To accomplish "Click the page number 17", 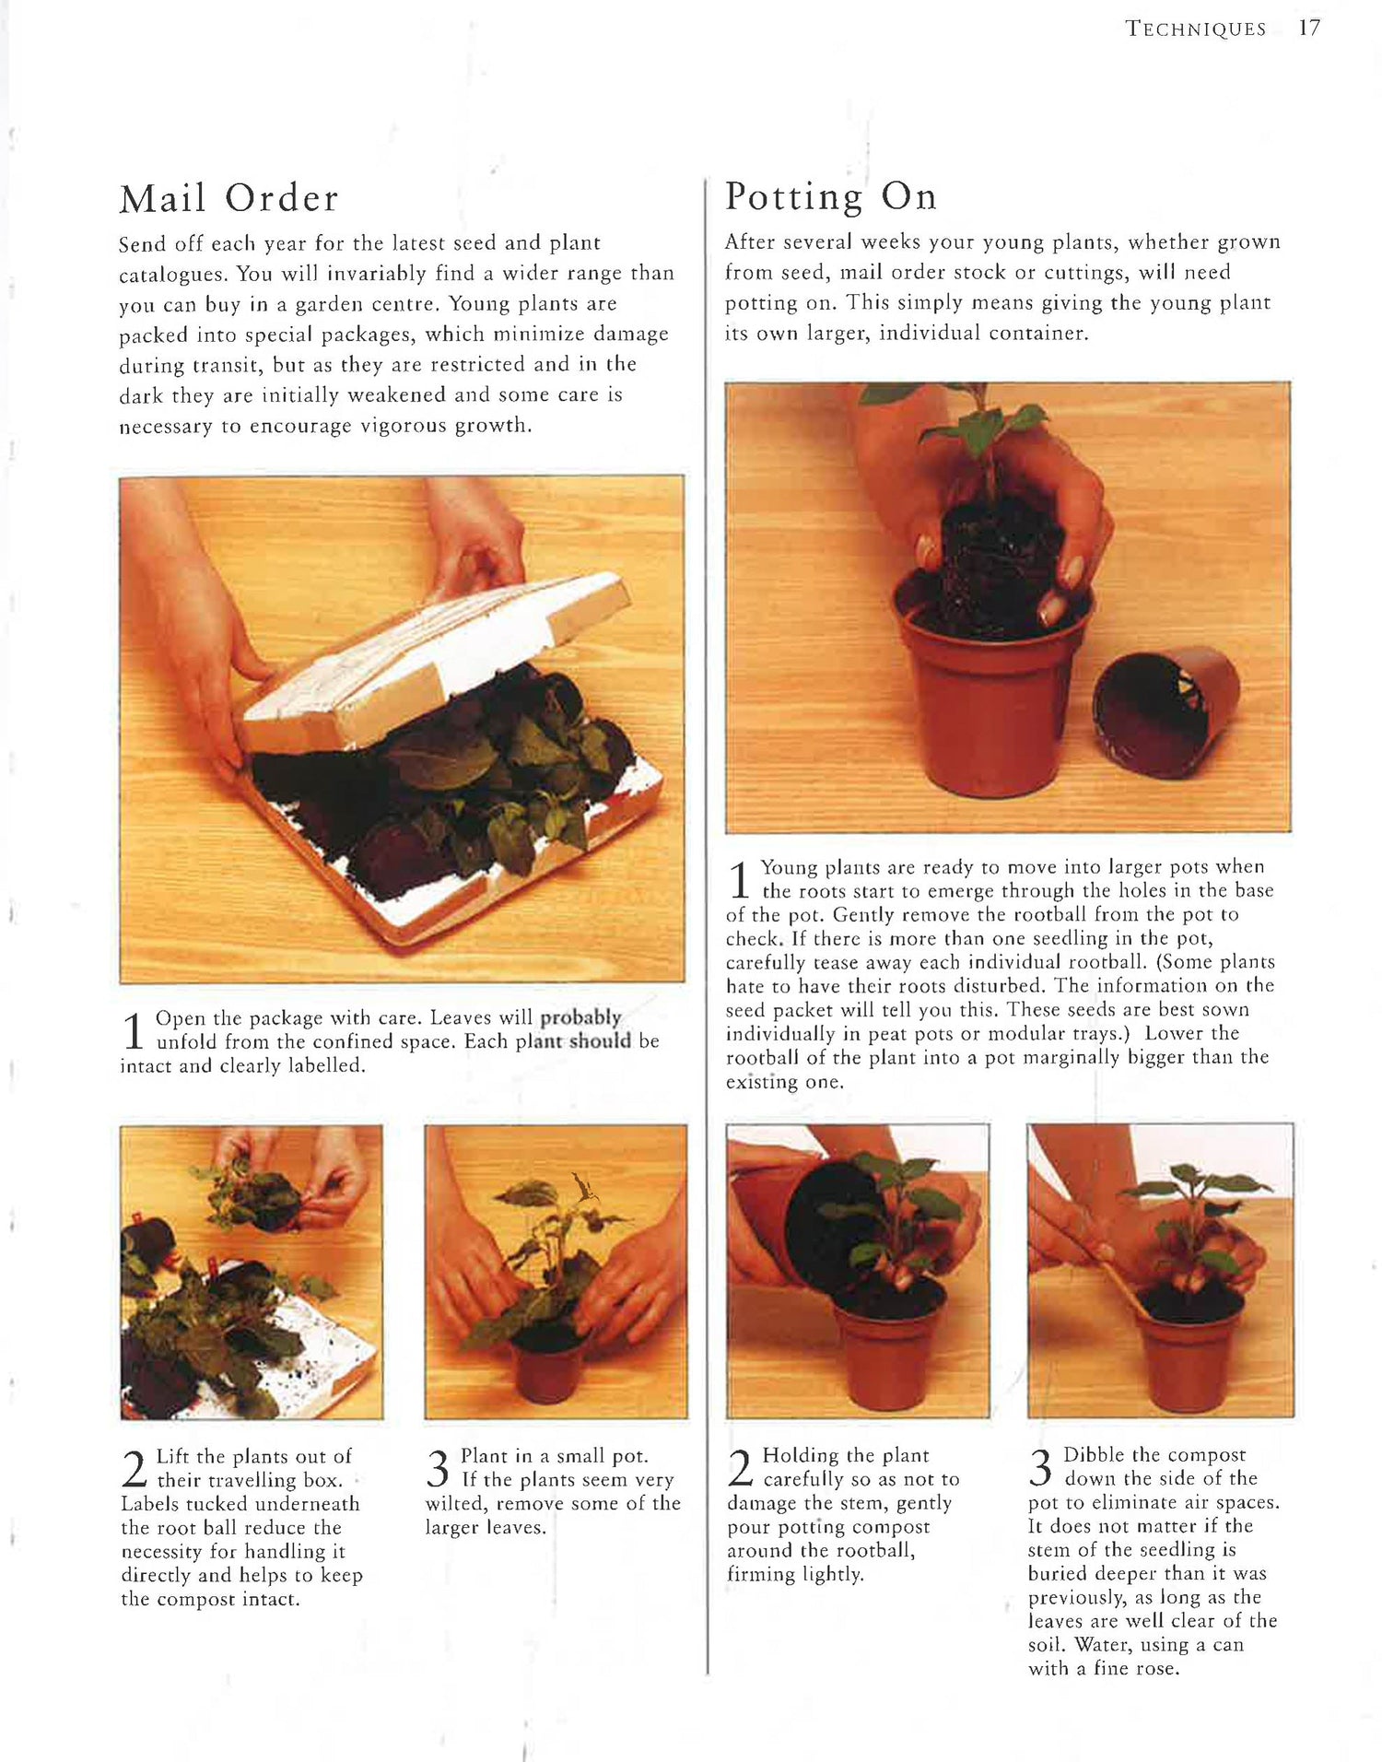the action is (1309, 29).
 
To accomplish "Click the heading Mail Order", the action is (229, 198).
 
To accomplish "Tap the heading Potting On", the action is (831, 196).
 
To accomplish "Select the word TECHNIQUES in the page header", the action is (1196, 29).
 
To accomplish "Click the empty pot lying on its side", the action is (1165, 711).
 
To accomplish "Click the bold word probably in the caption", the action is (580, 1017).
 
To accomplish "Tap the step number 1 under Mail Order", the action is (134, 1030).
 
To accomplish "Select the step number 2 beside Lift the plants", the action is (135, 1468).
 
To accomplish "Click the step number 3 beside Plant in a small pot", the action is (439, 1468).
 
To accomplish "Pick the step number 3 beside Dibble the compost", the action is (1041, 1467).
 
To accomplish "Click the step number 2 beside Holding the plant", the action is (741, 1467).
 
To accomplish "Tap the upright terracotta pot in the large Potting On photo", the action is (991, 687).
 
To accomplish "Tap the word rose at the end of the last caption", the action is (1156, 1669).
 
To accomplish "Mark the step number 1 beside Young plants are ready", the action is (739, 880).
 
